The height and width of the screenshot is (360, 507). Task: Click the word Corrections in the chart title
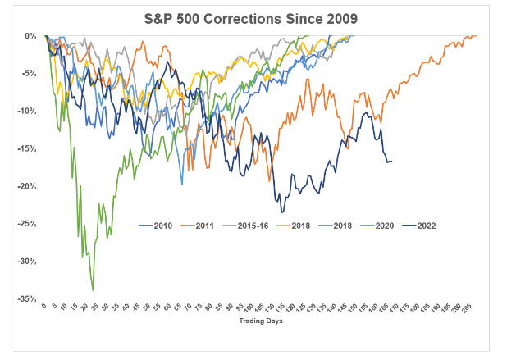point(242,19)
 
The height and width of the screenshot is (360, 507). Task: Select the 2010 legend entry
point(156,226)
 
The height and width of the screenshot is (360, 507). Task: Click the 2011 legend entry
point(198,226)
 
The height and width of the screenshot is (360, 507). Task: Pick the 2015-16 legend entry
point(246,226)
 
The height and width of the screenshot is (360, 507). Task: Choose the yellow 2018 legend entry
point(294,226)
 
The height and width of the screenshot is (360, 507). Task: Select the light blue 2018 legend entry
point(336,226)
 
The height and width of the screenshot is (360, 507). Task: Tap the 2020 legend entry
point(377,226)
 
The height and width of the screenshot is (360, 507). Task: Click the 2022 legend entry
point(419,226)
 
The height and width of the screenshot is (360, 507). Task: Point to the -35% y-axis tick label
point(26,299)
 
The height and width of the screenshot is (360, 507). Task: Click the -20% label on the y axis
point(26,186)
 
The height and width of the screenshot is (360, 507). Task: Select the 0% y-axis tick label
point(30,36)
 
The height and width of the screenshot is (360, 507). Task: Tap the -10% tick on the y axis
point(26,112)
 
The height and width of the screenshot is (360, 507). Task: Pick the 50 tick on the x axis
point(147,307)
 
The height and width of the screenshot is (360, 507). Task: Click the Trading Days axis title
point(261,321)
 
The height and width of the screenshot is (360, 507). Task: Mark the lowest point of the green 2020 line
point(93,290)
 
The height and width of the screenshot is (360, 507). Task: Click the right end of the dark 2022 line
point(391,162)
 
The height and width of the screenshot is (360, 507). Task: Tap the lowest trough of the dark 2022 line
point(282,212)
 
